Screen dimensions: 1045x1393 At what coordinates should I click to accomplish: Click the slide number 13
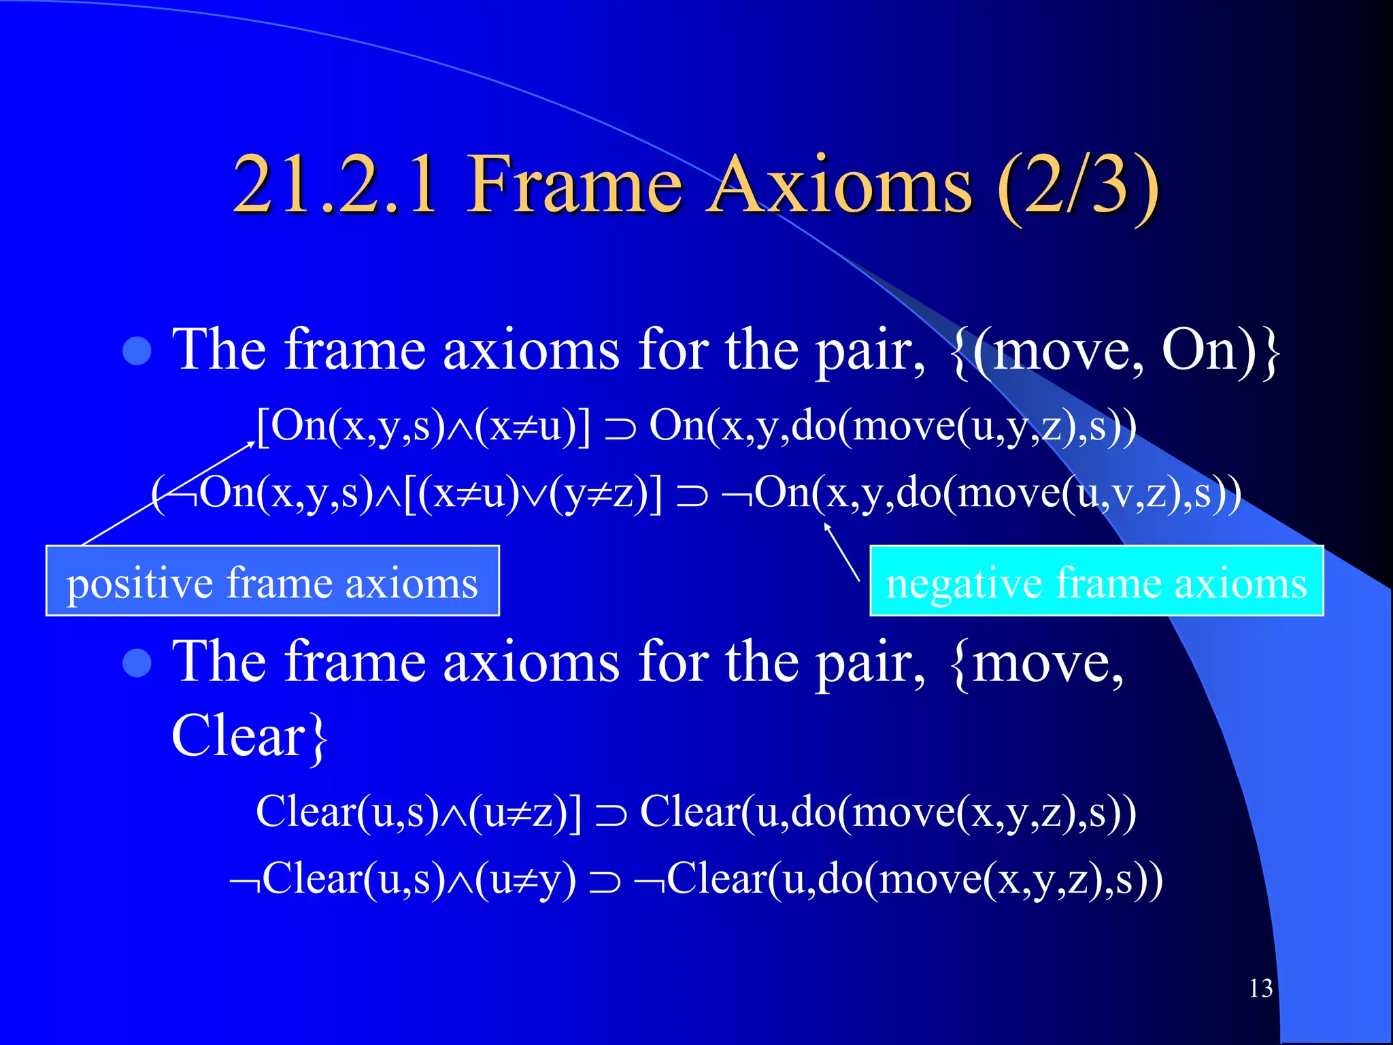tap(1260, 989)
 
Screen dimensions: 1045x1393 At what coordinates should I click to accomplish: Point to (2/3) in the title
tap(1078, 185)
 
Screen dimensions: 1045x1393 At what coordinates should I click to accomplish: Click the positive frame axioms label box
tap(272, 582)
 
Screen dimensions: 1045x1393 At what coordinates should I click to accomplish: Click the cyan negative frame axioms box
tap(1096, 582)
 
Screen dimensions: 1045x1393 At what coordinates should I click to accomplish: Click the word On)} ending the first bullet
tap(1221, 351)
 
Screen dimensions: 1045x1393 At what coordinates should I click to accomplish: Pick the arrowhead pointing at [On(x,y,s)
tap(250, 444)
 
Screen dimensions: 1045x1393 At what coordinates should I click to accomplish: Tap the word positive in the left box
tap(139, 584)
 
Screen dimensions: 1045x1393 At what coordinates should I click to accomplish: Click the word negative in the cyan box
tap(963, 584)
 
